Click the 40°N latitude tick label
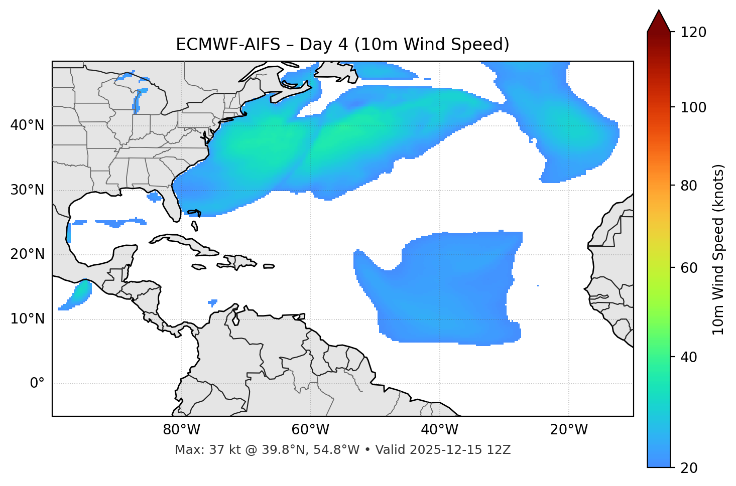[27, 125]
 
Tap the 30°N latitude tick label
[27, 190]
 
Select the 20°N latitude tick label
[27, 254]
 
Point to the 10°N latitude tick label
[27, 319]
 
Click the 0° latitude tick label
[37, 384]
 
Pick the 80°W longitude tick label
[181, 430]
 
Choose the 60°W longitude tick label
[310, 430]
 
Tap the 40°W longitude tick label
[440, 430]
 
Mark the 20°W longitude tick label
[569, 430]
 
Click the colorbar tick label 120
[693, 33]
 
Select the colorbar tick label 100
[693, 107]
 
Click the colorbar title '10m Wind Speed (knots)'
[718, 249]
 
